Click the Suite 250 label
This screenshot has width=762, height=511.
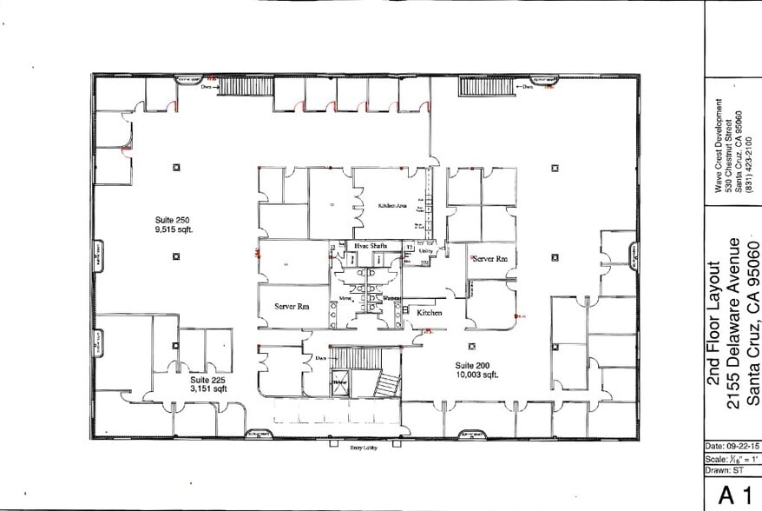point(169,222)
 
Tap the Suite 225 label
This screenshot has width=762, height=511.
point(207,380)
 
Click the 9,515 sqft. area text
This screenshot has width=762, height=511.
point(171,232)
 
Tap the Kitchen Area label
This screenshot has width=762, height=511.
point(392,206)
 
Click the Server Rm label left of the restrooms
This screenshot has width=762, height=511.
point(292,307)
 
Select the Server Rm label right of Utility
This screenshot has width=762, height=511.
point(489,259)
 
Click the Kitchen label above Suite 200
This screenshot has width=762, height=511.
point(429,312)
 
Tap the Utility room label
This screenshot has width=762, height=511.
point(424,251)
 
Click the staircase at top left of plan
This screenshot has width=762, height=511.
point(233,86)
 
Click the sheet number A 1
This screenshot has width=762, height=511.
point(732,495)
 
